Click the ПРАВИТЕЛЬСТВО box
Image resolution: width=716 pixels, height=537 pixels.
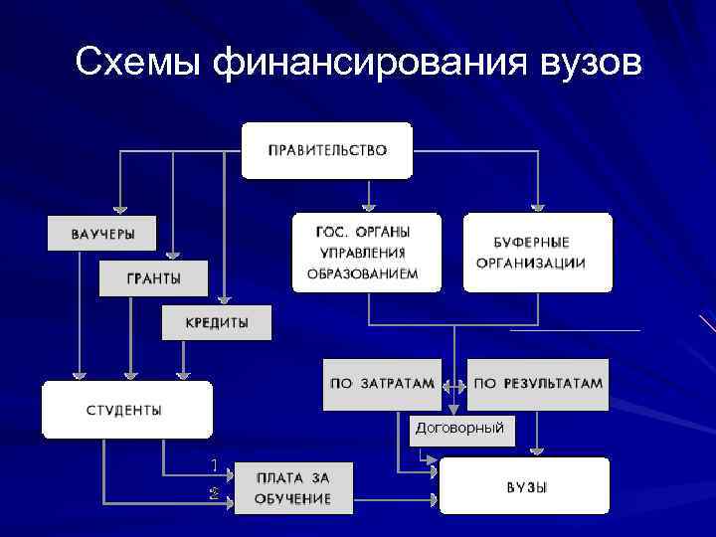click(x=326, y=150)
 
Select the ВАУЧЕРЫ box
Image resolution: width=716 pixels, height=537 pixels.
click(x=102, y=234)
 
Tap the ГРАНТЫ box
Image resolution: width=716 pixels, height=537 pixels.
click(x=153, y=278)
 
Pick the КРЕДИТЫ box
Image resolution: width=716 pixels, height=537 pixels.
click(x=217, y=323)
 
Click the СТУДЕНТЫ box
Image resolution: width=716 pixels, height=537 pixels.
click(x=125, y=410)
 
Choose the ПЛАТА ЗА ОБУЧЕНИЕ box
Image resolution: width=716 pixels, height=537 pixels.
click(x=292, y=487)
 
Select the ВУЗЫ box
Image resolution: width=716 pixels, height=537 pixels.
click(x=525, y=486)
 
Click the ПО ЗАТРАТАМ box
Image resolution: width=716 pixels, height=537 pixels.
click(x=382, y=384)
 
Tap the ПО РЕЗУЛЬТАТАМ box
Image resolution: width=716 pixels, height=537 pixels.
click(x=537, y=384)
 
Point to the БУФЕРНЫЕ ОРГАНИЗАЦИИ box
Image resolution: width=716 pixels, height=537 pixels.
click(x=537, y=253)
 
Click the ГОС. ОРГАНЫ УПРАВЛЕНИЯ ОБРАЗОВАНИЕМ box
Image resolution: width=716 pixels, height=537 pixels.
click(x=364, y=253)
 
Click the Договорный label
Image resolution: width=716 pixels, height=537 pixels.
click(x=459, y=428)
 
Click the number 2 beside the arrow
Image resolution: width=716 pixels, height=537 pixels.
click(x=213, y=493)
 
